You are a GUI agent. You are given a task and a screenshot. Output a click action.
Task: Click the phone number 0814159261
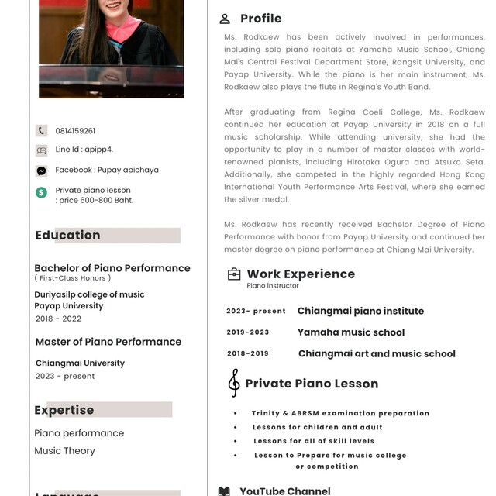pos(75,131)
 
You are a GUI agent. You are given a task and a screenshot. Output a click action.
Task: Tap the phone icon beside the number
pos(41,131)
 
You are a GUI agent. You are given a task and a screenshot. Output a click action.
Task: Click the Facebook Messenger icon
pos(41,170)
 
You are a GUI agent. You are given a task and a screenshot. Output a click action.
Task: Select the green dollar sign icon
pos(41,191)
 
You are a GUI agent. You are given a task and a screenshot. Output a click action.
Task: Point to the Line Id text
pos(84,150)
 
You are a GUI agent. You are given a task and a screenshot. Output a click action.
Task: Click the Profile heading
pos(260,19)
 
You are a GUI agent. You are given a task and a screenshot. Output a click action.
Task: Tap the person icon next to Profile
pos(225,19)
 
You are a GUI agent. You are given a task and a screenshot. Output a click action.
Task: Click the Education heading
pos(67,236)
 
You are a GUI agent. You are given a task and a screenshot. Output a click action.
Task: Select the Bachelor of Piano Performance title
pos(112,268)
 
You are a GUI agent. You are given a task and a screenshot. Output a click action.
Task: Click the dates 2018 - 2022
pos(58,319)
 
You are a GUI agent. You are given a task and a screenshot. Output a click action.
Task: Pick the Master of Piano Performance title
pos(108,342)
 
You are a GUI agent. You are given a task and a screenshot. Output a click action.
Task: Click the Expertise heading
pos(64,410)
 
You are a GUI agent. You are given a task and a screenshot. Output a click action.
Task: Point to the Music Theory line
pos(64,451)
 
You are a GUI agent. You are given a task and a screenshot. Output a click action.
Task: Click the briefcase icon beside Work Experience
pos(233,274)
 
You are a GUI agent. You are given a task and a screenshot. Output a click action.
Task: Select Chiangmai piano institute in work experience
pos(360,311)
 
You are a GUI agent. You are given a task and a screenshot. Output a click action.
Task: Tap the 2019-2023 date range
pos(248,332)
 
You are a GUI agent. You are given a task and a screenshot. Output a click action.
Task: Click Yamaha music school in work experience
pos(351,332)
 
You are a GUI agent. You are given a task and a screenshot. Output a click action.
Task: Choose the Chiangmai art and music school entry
pos(377,354)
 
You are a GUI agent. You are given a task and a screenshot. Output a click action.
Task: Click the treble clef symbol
pos(233,383)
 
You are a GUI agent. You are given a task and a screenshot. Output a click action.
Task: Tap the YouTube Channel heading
pos(284,491)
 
